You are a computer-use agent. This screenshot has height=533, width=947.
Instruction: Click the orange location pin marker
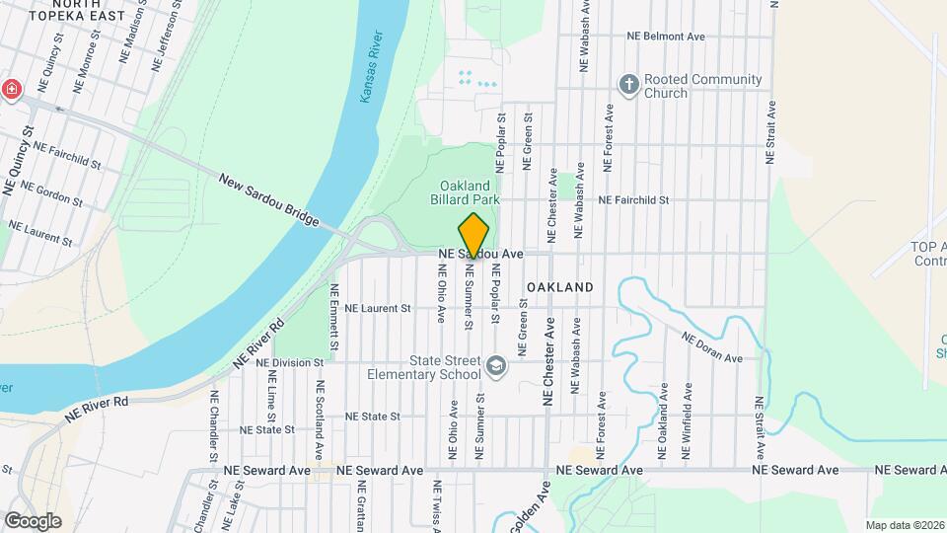473,237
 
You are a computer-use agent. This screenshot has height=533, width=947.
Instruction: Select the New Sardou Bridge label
269,200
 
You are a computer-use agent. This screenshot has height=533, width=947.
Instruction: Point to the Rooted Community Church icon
628,85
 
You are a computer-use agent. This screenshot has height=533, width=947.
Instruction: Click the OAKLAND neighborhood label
559,287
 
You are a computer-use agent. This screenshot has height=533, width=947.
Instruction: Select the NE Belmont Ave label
667,37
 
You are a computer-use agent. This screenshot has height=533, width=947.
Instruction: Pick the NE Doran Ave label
711,346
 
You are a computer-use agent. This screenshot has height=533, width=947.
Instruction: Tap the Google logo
33,520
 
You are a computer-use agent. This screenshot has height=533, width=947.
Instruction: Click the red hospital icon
11,89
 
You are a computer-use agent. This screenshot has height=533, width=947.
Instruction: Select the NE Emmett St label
334,318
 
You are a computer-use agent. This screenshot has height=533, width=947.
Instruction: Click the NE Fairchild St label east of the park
634,199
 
